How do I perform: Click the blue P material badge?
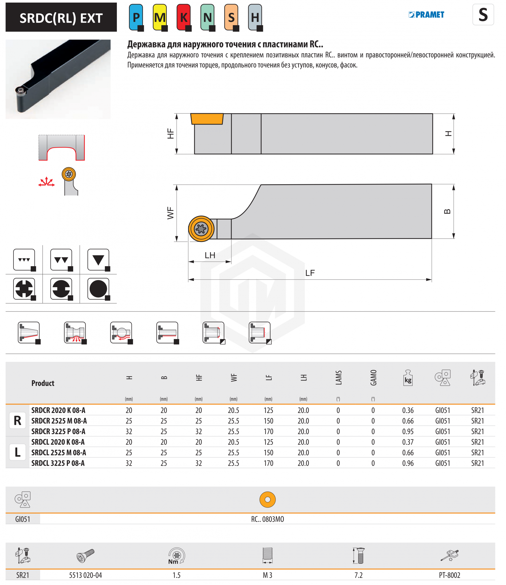[136, 17]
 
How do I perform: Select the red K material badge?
[184, 17]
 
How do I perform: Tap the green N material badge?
[208, 17]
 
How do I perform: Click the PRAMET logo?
[426, 15]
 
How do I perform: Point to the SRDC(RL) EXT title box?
[61, 18]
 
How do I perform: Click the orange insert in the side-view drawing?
[207, 119]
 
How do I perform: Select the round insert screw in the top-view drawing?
[201, 228]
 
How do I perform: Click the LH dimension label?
[210, 255]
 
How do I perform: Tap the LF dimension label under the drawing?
[310, 273]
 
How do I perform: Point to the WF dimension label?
[170, 213]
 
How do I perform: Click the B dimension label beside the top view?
[447, 211]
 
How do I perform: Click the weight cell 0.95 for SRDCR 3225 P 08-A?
[408, 431]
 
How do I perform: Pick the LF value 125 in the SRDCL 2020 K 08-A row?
[268, 442]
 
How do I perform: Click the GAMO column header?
[373, 378]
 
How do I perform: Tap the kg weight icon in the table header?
[408, 378]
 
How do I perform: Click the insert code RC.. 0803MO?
[267, 519]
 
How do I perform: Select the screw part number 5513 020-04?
[86, 575]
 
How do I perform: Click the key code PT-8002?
[449, 575]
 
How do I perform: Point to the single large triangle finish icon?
[98, 260]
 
